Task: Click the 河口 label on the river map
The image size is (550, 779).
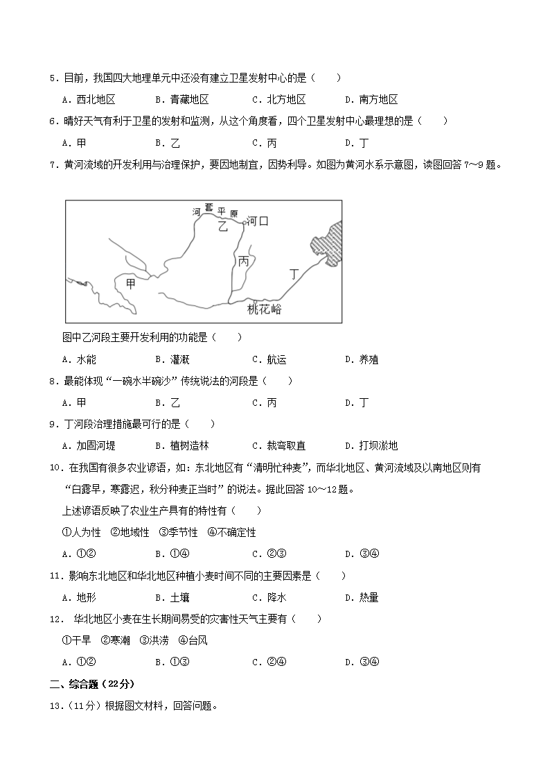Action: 258,221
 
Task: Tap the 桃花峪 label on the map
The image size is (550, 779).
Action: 265,309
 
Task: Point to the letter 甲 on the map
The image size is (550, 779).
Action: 131,284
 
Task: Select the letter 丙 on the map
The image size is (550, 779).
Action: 243,262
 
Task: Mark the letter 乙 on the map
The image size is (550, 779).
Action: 222,226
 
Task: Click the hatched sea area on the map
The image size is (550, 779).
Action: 327,243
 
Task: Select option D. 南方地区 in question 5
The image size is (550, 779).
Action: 371,99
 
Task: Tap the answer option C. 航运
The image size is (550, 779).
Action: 269,359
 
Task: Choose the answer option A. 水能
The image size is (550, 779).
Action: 79,359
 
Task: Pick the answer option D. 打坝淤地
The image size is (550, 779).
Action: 371,445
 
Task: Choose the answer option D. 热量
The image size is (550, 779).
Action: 362,597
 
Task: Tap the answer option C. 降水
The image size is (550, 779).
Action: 269,597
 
